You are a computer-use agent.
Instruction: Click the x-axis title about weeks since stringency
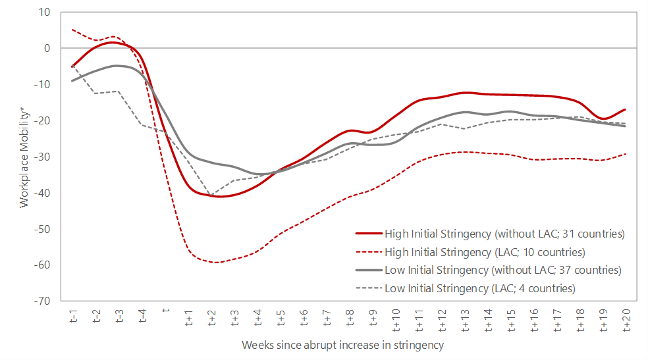pos(342,345)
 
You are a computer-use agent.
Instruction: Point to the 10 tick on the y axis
pos(45,12)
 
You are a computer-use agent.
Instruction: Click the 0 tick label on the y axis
pos(47,48)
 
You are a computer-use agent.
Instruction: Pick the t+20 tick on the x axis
pos(626,319)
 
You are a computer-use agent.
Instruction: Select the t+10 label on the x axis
pos(395,319)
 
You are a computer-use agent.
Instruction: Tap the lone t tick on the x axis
pos(165,309)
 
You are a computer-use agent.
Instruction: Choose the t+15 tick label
pos(510,319)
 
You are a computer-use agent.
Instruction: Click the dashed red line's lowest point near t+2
pos(214,263)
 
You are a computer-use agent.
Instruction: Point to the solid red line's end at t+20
pos(625,109)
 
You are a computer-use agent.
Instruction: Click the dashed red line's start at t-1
pos(72,30)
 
